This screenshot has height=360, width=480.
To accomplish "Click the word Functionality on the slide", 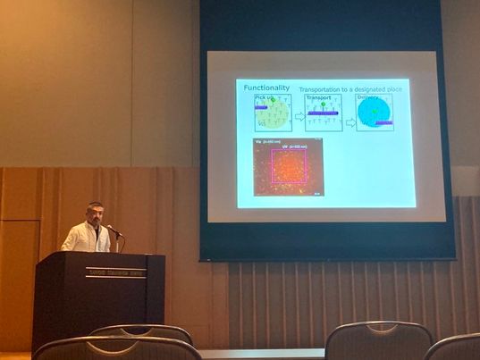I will point(267,88).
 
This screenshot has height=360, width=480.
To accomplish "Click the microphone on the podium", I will point(113,230).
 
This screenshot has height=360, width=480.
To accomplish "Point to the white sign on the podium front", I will point(115,272).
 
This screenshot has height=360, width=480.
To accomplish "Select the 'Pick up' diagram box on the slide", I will point(273,113).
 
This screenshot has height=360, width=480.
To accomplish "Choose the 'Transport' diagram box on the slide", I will point(323,113).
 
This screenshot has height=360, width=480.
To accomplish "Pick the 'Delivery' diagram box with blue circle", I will point(375,113).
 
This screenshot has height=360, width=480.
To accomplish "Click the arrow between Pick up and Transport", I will point(299,116).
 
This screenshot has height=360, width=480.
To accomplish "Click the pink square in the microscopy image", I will point(288,166).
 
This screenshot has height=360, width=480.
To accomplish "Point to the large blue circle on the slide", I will point(374,111).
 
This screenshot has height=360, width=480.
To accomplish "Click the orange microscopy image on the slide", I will point(287,167).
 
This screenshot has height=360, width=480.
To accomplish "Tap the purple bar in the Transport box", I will point(322,113).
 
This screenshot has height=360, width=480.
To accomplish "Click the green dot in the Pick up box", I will point(274,101).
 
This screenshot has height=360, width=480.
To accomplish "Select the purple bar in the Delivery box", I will point(382,123).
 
